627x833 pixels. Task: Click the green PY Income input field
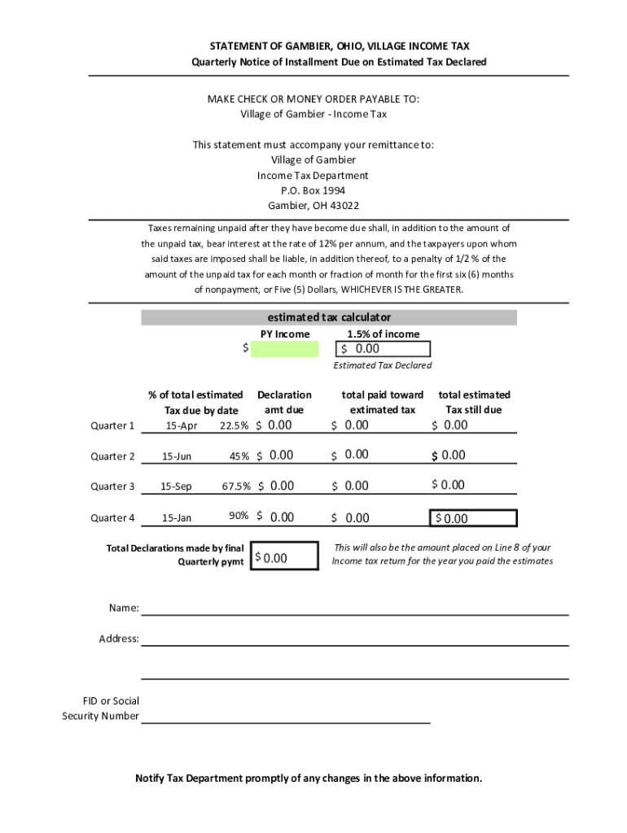click(284, 349)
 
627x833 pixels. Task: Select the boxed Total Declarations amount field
click(283, 556)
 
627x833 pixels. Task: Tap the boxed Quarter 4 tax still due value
click(472, 518)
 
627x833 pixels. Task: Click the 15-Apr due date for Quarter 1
click(182, 425)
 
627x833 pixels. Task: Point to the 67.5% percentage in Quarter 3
click(236, 486)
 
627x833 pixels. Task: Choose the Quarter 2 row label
click(112, 456)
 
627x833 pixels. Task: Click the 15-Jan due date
click(177, 517)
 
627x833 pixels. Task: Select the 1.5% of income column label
click(383, 334)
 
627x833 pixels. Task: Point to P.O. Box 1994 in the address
click(313, 190)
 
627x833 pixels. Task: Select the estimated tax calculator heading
click(329, 316)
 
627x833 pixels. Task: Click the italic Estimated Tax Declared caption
click(383, 365)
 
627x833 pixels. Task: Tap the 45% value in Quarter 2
click(239, 456)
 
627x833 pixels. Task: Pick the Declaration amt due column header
click(284, 402)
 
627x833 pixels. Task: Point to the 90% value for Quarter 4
click(239, 516)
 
